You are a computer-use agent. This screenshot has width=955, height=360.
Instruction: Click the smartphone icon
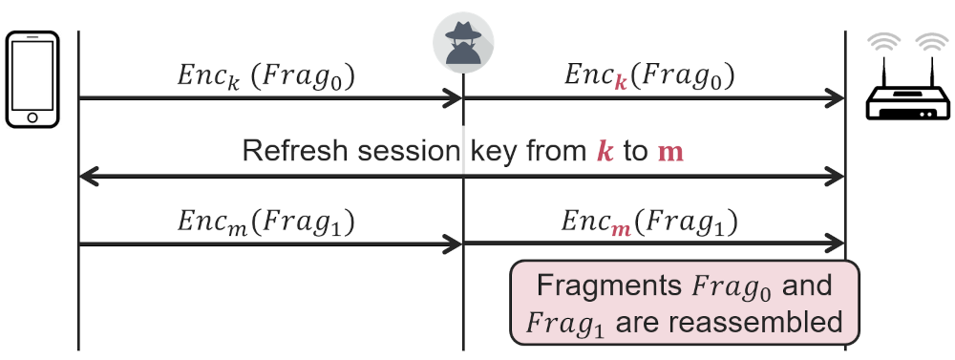32,79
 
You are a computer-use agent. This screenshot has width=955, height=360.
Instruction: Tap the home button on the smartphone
32,117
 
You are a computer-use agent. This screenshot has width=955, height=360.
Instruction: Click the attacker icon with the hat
463,42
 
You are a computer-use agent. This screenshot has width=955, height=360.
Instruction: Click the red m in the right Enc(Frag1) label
621,229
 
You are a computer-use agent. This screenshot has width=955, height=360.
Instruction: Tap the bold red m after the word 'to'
671,152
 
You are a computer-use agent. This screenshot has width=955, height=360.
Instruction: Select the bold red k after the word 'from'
605,151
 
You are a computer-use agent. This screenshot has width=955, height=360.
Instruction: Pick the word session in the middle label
408,152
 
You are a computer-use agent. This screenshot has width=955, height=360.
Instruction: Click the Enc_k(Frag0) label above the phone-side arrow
265,76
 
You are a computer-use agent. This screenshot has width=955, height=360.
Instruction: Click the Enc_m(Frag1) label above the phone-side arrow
265,222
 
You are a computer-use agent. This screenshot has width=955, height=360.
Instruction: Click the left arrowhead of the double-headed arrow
89,177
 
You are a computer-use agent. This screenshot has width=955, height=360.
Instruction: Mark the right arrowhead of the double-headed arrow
835,177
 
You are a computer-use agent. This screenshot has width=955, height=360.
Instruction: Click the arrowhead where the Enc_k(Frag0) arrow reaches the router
835,97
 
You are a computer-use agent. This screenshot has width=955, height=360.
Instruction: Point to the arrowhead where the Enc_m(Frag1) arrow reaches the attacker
453,244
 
